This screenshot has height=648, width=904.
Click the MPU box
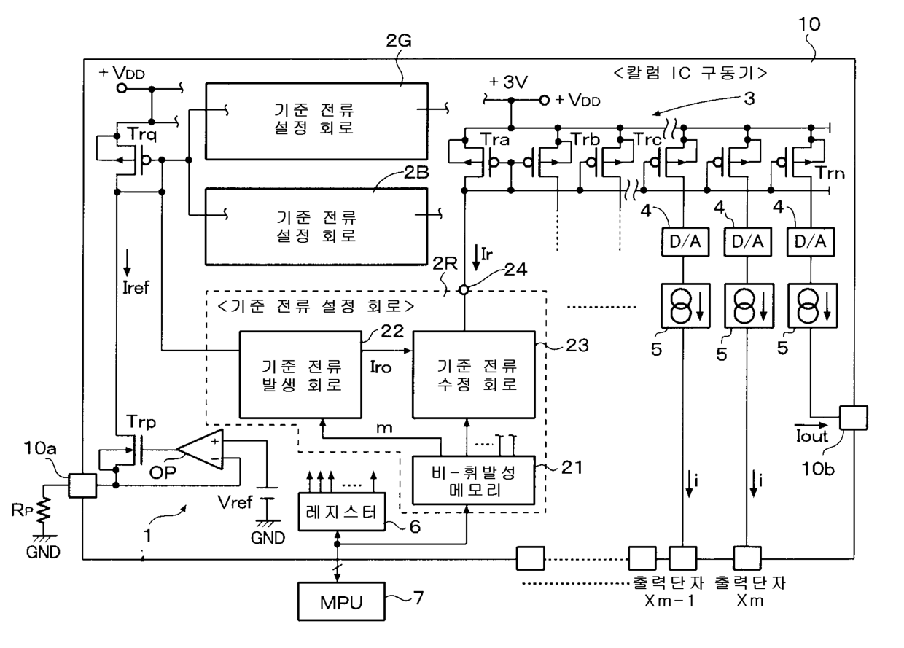pos(341,601)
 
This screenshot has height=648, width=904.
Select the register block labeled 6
pos(341,512)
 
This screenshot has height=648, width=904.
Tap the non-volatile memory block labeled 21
pos(474,480)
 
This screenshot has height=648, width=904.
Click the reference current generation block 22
pos(300,375)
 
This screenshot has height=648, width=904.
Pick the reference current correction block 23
pos(474,375)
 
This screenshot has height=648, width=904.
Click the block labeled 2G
pos(317,121)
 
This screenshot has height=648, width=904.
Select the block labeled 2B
pos(316,227)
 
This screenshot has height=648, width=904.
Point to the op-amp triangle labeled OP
pos(200,450)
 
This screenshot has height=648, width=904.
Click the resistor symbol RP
pos(44,510)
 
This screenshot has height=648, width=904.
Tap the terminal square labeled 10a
pos(82,485)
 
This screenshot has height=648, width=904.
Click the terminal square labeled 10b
pos(854,418)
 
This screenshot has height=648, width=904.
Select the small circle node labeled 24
pos(464,289)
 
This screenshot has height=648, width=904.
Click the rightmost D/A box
pos(811,242)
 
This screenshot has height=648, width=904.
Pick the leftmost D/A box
pos(685,242)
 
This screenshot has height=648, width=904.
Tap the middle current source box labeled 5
pos(749,305)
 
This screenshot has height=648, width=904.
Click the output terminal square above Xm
pos(747,558)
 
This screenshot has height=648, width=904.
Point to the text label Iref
pos(136,288)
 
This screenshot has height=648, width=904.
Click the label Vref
pos(235,502)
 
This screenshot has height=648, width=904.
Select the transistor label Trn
pos(831,173)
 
